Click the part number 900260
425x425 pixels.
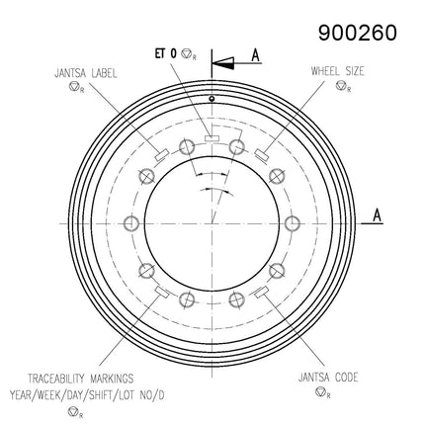coord(358,33)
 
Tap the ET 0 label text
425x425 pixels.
coord(166,53)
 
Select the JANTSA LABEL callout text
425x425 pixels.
coord(86,73)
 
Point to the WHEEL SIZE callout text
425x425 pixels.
coord(338,71)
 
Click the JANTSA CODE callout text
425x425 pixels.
coord(328,378)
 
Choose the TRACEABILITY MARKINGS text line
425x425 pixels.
coord(81,379)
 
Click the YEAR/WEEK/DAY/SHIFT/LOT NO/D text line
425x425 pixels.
coord(87,394)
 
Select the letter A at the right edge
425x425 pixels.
coord(378,215)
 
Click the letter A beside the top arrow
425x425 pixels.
coord(256,55)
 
